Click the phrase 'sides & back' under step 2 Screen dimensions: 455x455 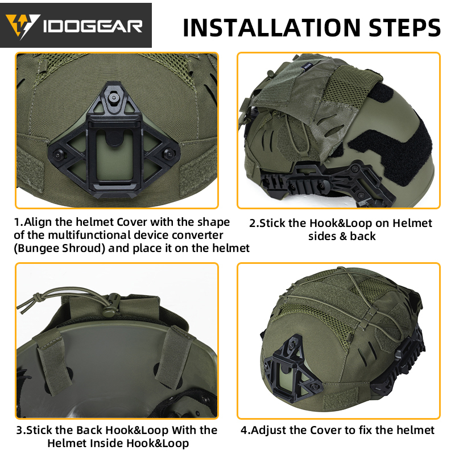tap(342, 235)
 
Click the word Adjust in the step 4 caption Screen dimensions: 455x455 tap(267, 430)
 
